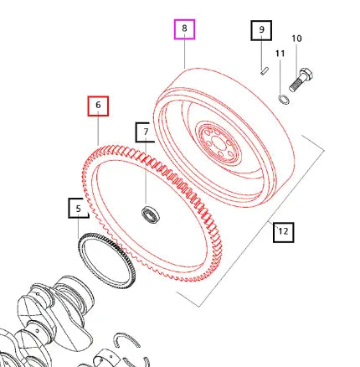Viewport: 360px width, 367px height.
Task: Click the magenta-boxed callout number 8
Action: pyautogui.click(x=184, y=29)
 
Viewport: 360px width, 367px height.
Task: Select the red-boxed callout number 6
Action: pyautogui.click(x=98, y=106)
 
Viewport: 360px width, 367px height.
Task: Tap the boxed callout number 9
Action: pyautogui.click(x=261, y=30)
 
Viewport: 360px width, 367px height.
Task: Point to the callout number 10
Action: pyautogui.click(x=296, y=39)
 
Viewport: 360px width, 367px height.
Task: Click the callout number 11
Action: pyautogui.click(x=280, y=54)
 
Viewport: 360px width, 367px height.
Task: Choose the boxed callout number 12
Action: pyautogui.click(x=283, y=232)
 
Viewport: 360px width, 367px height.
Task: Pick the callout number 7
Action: pyautogui.click(x=146, y=132)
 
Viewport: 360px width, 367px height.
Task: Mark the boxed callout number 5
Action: pyautogui.click(x=79, y=208)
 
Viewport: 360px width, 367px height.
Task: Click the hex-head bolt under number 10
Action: pyautogui.click(x=301, y=80)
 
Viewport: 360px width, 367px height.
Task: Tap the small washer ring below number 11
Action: pyautogui.click(x=284, y=99)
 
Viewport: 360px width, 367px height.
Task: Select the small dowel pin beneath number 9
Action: pyautogui.click(x=264, y=70)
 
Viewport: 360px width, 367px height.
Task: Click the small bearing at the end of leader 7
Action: pyautogui.click(x=150, y=215)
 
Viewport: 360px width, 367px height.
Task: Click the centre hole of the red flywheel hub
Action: pyautogui.click(x=217, y=142)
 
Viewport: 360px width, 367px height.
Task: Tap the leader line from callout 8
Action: pyautogui.click(x=184, y=54)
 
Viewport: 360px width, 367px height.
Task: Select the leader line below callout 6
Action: pyautogui.click(x=98, y=131)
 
